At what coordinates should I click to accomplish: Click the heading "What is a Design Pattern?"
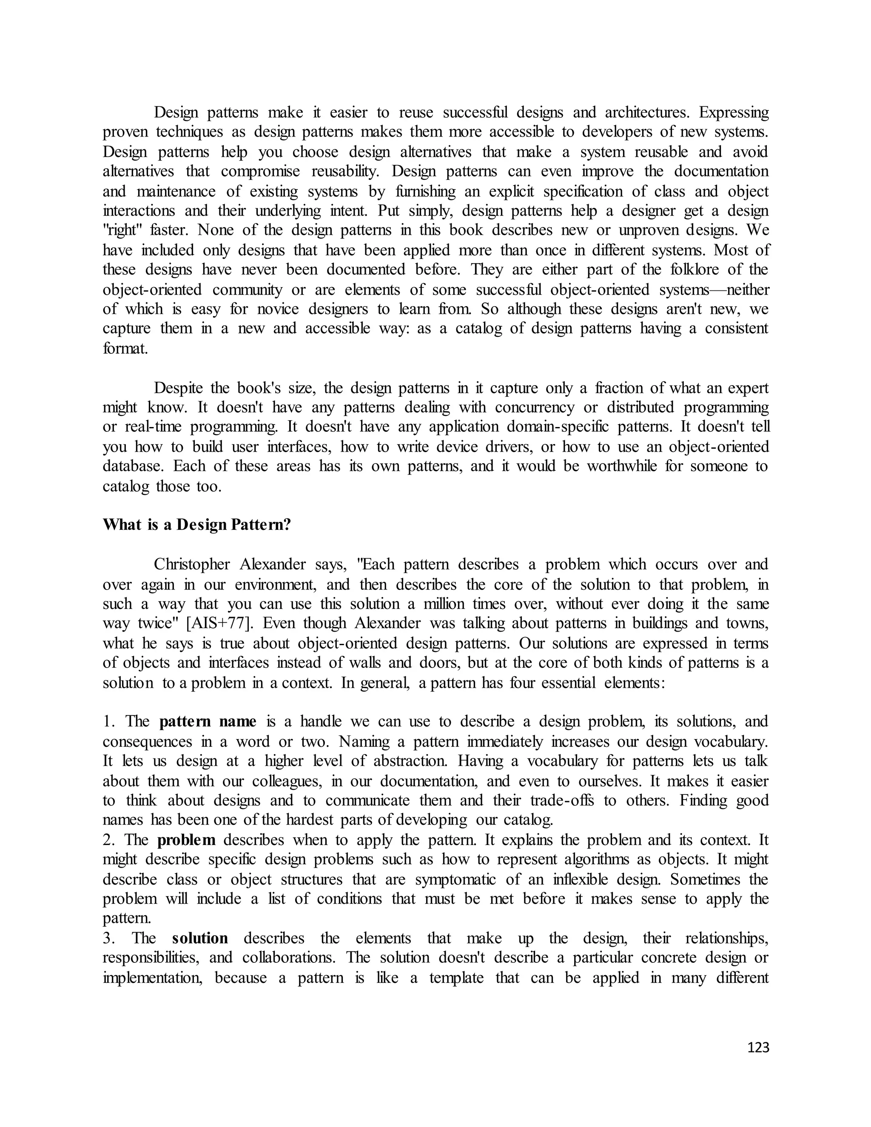(197, 525)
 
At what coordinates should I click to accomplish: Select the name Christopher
(191, 564)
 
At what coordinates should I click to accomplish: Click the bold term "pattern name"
(208, 721)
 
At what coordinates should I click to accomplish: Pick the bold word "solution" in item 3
(200, 938)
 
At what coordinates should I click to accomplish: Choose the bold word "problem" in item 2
(186, 840)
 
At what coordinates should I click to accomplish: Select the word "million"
(431, 604)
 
